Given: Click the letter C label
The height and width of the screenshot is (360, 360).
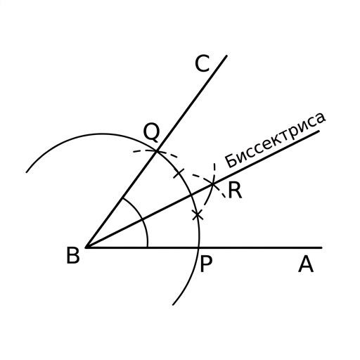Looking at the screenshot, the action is point(202,63).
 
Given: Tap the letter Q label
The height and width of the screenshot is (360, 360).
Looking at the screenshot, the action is point(152,132).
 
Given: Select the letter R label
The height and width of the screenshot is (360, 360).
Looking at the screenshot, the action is point(235,191).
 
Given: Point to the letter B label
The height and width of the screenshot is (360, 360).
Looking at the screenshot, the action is point(73,255).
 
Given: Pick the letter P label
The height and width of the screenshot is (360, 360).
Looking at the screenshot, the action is point(206,264).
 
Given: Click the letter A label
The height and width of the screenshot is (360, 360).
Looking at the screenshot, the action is point(306,264).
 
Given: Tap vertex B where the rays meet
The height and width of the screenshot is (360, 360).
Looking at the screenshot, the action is point(86,247).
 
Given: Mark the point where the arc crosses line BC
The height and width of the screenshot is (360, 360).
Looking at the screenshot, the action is point(157,152).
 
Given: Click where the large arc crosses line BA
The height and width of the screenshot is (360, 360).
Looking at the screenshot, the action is point(199,247).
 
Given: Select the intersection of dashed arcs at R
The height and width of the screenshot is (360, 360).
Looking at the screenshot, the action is point(213,184).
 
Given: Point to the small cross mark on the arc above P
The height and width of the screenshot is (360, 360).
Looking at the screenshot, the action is point(198,214).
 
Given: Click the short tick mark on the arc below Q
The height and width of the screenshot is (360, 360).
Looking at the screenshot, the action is point(179,174).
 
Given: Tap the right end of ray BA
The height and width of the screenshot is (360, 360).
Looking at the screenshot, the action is point(322,247).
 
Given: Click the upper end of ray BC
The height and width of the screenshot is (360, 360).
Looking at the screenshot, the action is point(226,56).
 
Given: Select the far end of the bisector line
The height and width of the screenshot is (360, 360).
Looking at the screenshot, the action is point(319,131).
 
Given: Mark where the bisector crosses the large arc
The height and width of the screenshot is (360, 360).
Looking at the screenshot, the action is point(191,195).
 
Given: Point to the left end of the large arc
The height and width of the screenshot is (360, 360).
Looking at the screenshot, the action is point(27,172).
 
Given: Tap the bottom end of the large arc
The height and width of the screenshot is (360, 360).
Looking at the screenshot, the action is point(173,305).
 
